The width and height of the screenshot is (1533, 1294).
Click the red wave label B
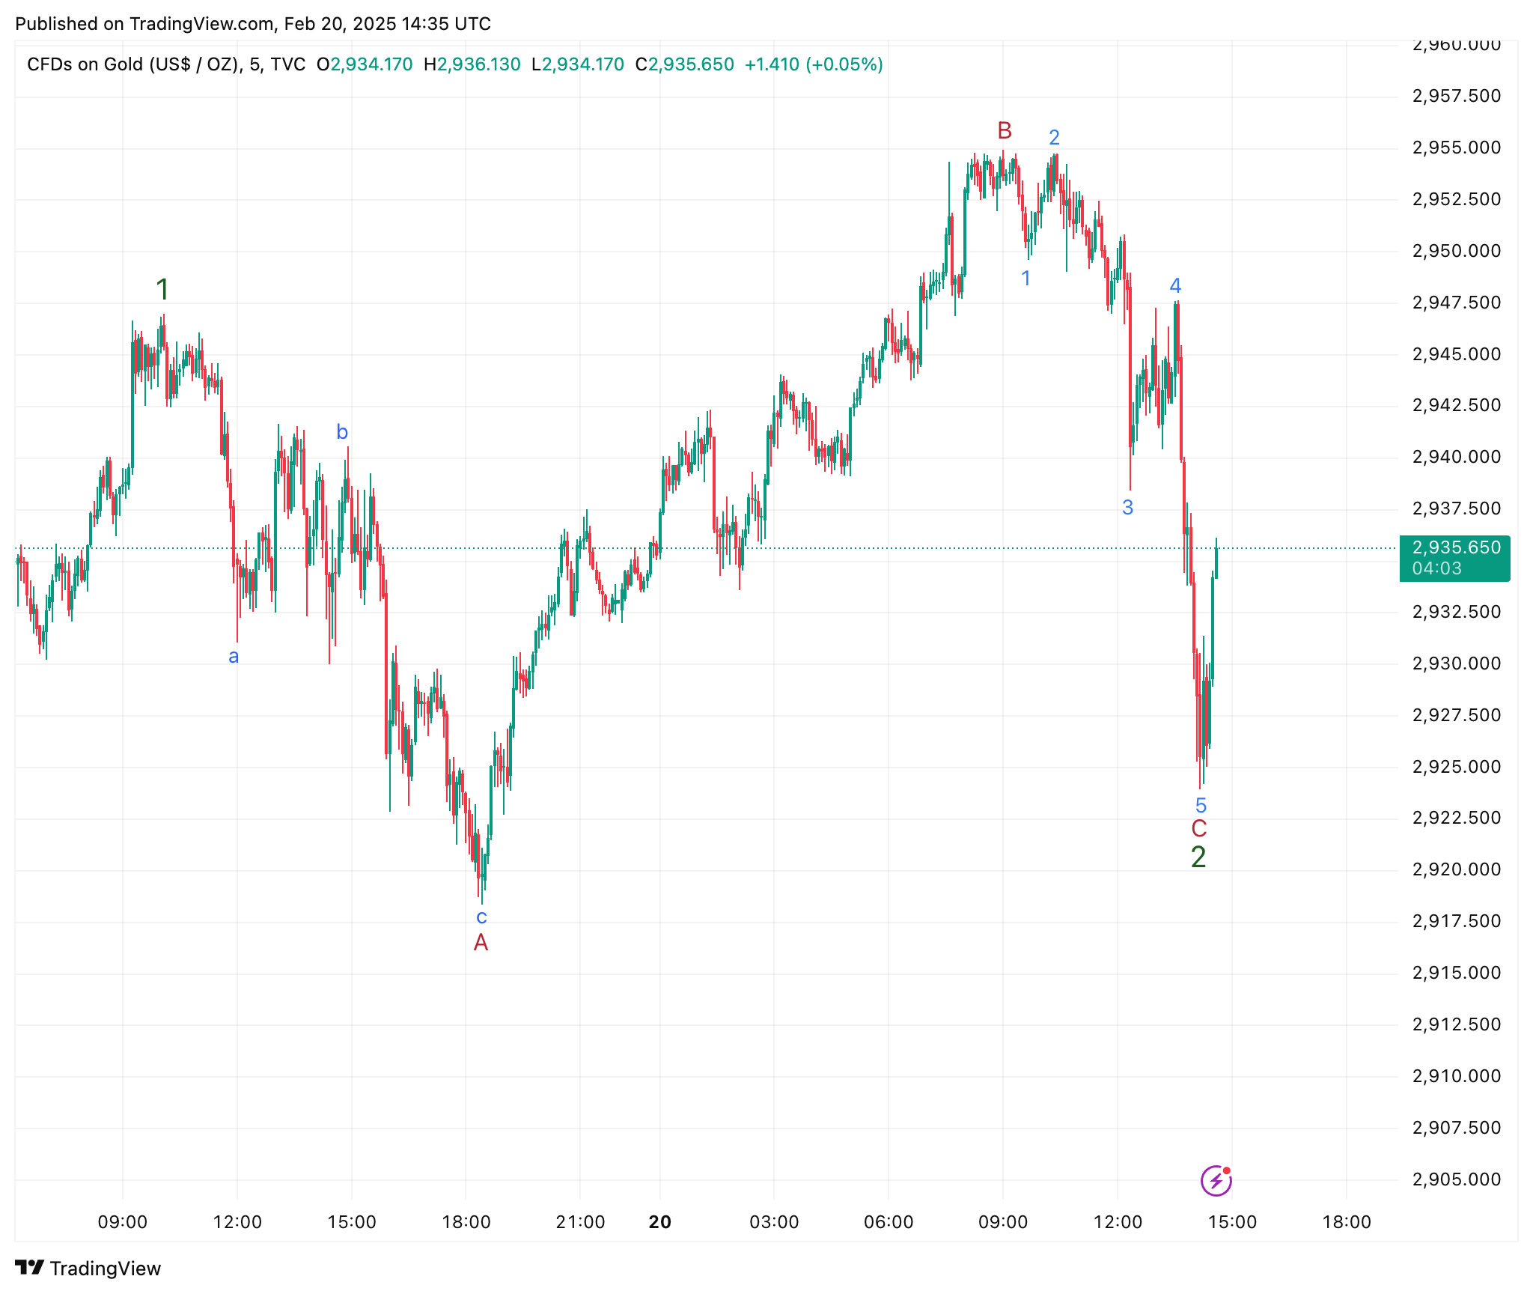1005,131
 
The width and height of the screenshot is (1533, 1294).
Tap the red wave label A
481,943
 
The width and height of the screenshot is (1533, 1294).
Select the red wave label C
1199,829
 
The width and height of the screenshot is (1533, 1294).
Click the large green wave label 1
162,290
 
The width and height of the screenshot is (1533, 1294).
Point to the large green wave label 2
1198,857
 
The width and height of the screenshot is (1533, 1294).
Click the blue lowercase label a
234,657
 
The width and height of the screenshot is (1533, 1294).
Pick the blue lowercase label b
342,432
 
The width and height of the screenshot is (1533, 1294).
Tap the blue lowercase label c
481,917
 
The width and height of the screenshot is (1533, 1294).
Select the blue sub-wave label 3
1128,508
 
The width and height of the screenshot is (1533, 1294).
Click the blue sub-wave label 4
1175,286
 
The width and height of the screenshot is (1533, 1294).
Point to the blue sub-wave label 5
1201,806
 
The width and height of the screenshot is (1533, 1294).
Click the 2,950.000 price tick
1456,251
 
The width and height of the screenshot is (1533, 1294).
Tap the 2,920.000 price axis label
1456,869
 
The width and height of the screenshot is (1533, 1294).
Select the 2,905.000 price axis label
1456,1179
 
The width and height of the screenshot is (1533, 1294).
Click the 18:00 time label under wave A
466,1222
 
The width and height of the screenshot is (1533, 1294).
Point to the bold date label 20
659,1222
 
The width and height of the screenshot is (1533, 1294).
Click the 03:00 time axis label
774,1222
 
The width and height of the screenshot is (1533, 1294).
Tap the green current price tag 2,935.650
1454,548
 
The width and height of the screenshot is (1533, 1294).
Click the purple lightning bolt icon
1216,1181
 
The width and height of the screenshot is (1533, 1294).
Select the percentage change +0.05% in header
844,64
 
